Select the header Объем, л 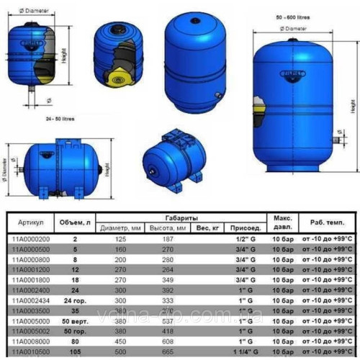[x=75, y=220]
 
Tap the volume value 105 [x=75, y=354]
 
